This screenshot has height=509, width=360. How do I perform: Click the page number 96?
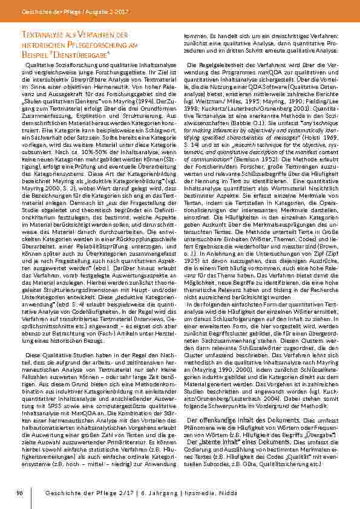tap(19, 493)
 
